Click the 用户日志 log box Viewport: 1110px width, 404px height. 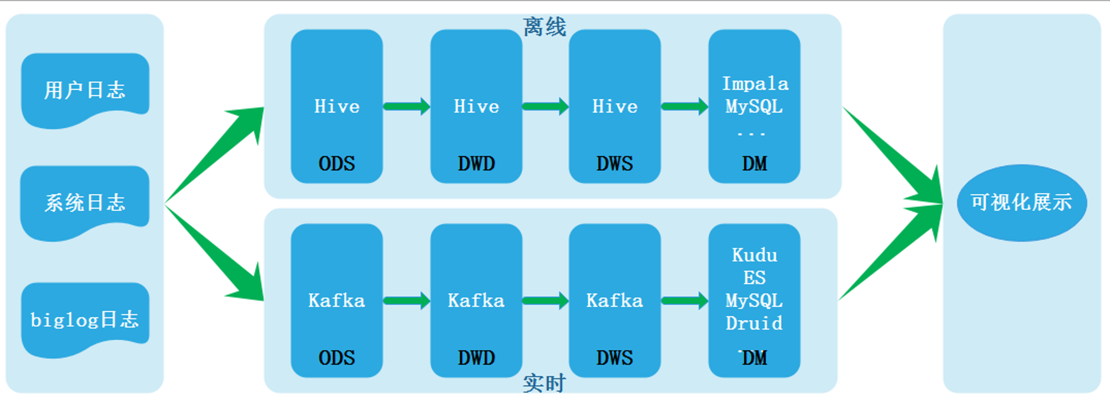(x=85, y=90)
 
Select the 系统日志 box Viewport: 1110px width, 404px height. (x=85, y=203)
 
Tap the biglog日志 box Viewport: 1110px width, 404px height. (x=85, y=320)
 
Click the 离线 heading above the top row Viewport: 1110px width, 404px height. (x=544, y=27)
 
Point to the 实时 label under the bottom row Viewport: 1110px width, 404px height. (x=544, y=383)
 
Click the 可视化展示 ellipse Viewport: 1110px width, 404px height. (x=1021, y=203)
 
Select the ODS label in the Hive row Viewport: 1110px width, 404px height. (x=336, y=164)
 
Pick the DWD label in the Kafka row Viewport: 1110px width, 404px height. (x=476, y=358)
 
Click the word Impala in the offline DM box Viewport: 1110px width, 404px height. (x=755, y=84)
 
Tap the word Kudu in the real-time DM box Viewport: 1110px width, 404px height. (x=754, y=255)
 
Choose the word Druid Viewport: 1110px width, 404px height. (x=754, y=323)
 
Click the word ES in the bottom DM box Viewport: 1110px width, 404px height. (x=754, y=277)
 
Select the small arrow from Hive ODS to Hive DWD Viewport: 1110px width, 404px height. (x=406, y=106)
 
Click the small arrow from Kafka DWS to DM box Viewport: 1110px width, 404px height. (x=684, y=301)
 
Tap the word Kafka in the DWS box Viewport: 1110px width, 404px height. (x=614, y=301)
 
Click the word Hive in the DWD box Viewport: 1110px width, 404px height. (x=476, y=107)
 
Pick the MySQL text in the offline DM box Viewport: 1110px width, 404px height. (x=754, y=107)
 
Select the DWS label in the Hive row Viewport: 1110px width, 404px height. (x=614, y=164)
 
